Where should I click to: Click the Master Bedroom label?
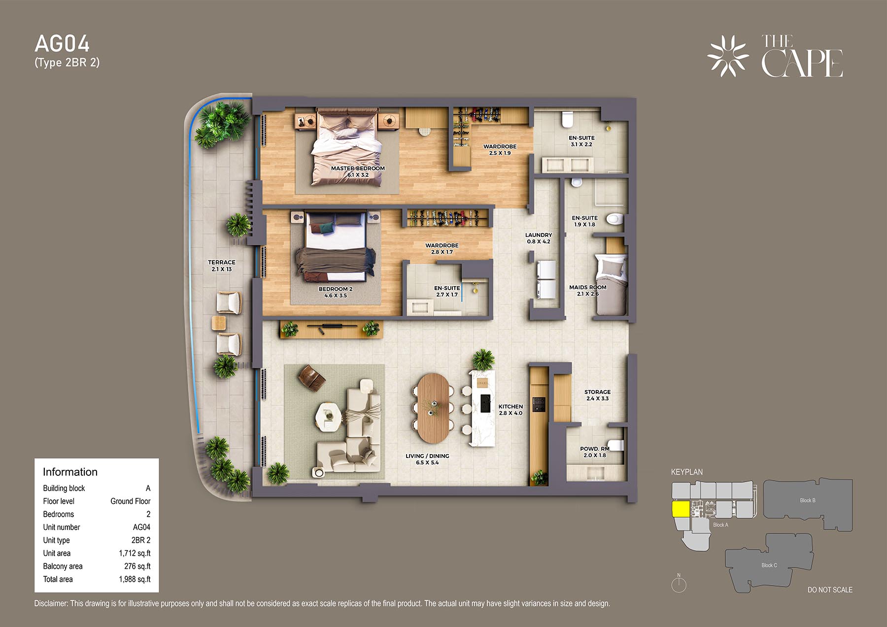(x=358, y=171)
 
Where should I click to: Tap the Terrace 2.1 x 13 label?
(x=222, y=266)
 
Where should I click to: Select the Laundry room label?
(x=539, y=238)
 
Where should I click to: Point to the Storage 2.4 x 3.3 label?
(x=598, y=395)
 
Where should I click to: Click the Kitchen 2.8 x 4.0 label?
(x=511, y=410)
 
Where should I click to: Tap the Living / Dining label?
(x=427, y=459)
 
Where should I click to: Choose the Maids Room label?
(x=588, y=291)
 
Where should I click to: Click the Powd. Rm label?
(x=595, y=452)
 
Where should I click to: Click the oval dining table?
(x=433, y=408)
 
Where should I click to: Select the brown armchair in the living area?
(x=312, y=378)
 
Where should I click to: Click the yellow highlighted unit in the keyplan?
(x=681, y=509)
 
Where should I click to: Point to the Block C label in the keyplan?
(x=769, y=565)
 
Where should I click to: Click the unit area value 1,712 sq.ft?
(x=135, y=553)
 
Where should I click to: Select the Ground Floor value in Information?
(x=130, y=501)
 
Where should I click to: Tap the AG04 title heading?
(x=62, y=44)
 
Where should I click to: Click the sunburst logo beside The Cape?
(x=728, y=56)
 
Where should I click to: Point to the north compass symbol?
(x=679, y=583)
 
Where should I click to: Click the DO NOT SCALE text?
(x=830, y=590)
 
